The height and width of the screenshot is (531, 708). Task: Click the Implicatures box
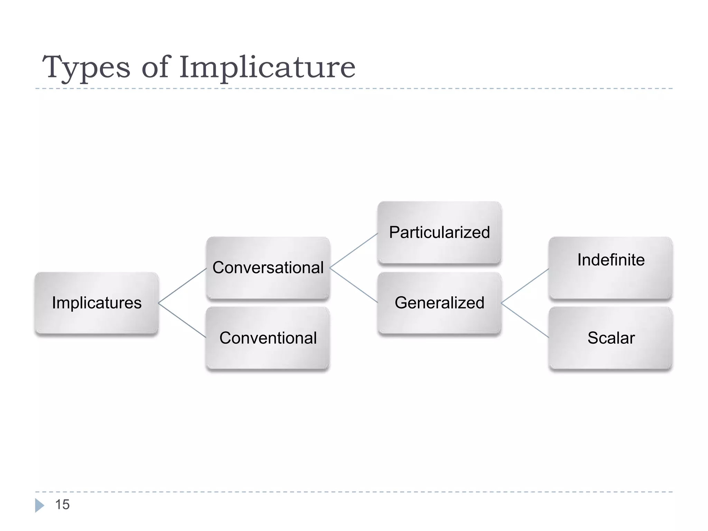pyautogui.click(x=96, y=303)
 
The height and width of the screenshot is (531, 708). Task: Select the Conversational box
pyautogui.click(x=268, y=268)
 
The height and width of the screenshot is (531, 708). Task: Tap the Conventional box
pyautogui.click(x=268, y=338)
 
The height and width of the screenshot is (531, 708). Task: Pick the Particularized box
pyautogui.click(x=439, y=232)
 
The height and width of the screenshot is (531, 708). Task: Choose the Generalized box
pyautogui.click(x=439, y=303)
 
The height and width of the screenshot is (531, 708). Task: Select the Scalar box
pyautogui.click(x=611, y=338)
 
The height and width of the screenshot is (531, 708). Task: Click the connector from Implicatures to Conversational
pyautogui.click(x=182, y=286)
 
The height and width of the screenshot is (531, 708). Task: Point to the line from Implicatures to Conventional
pyautogui.click(x=182, y=320)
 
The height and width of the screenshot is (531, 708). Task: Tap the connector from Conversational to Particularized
pyautogui.click(x=354, y=250)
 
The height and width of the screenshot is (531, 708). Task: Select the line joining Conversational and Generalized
pyautogui.click(x=354, y=285)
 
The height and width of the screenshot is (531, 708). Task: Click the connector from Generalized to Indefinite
pyautogui.click(x=525, y=286)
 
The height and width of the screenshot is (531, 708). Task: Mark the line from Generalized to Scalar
pyautogui.click(x=525, y=320)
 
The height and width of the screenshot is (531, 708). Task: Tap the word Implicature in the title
pyautogui.click(x=267, y=67)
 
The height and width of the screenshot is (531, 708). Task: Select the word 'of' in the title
pyautogui.click(x=156, y=67)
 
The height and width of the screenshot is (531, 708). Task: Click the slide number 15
pyautogui.click(x=62, y=505)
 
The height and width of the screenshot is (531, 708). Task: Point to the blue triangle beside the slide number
pyautogui.click(x=39, y=505)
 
